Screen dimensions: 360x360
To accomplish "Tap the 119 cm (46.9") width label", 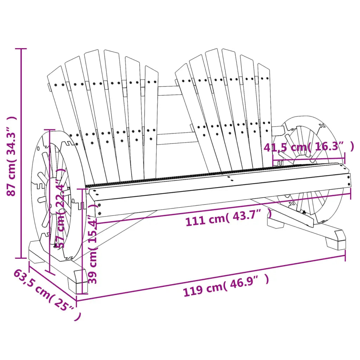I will coord(226,285).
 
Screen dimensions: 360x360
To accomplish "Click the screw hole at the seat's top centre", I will coord(229,178).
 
